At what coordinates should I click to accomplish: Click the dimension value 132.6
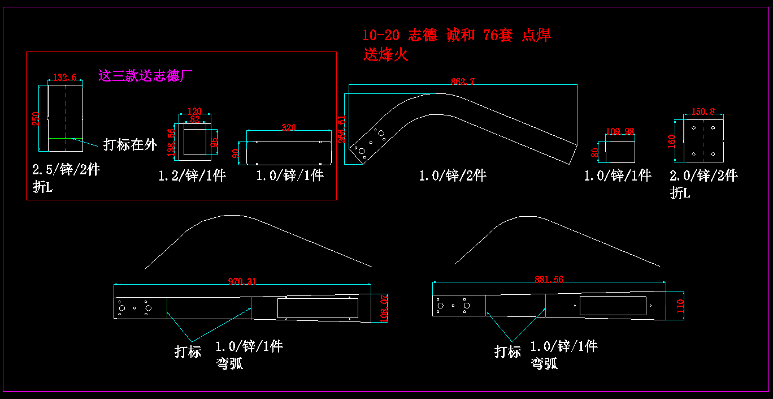64,78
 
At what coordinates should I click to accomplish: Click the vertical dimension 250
36,118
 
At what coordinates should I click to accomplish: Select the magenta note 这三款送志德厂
146,75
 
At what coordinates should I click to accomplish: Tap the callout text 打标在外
130,145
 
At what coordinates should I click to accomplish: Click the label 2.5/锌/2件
66,170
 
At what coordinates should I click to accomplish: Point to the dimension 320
288,128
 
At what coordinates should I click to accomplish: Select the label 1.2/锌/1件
192,175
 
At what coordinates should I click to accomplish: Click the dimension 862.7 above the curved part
463,81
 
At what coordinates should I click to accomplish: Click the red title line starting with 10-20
457,35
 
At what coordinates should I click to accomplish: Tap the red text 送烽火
385,55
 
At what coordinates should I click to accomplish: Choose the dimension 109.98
620,131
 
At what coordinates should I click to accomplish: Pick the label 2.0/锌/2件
703,175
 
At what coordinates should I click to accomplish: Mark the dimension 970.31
242,281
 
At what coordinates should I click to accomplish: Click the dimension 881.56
549,278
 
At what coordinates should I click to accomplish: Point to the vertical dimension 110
680,307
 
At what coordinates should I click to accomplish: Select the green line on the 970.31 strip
251,307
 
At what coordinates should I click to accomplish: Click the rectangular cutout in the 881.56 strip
613,305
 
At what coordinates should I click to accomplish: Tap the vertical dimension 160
672,140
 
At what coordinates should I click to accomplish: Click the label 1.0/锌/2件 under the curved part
452,175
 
